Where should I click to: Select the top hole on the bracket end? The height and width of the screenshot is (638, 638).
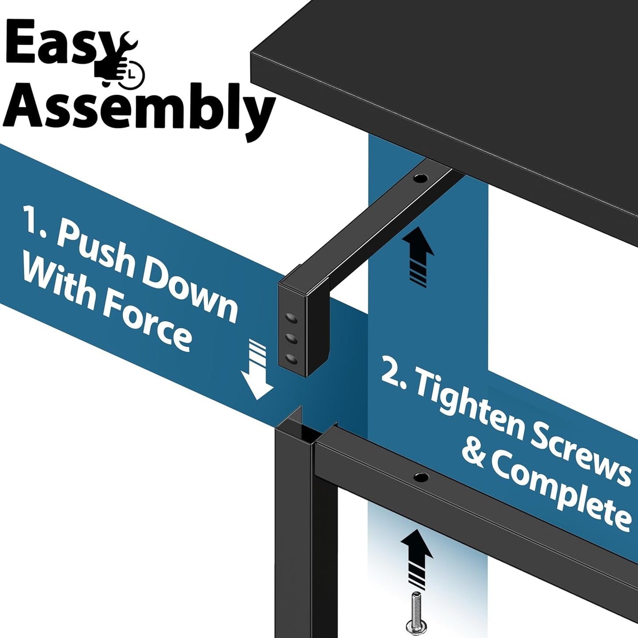291,318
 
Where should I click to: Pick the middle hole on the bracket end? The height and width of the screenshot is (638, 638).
291,338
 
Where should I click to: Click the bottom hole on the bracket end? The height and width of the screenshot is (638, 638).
291,359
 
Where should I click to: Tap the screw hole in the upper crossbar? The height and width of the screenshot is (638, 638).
420,179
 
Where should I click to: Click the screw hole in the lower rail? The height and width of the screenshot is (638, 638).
420,476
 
